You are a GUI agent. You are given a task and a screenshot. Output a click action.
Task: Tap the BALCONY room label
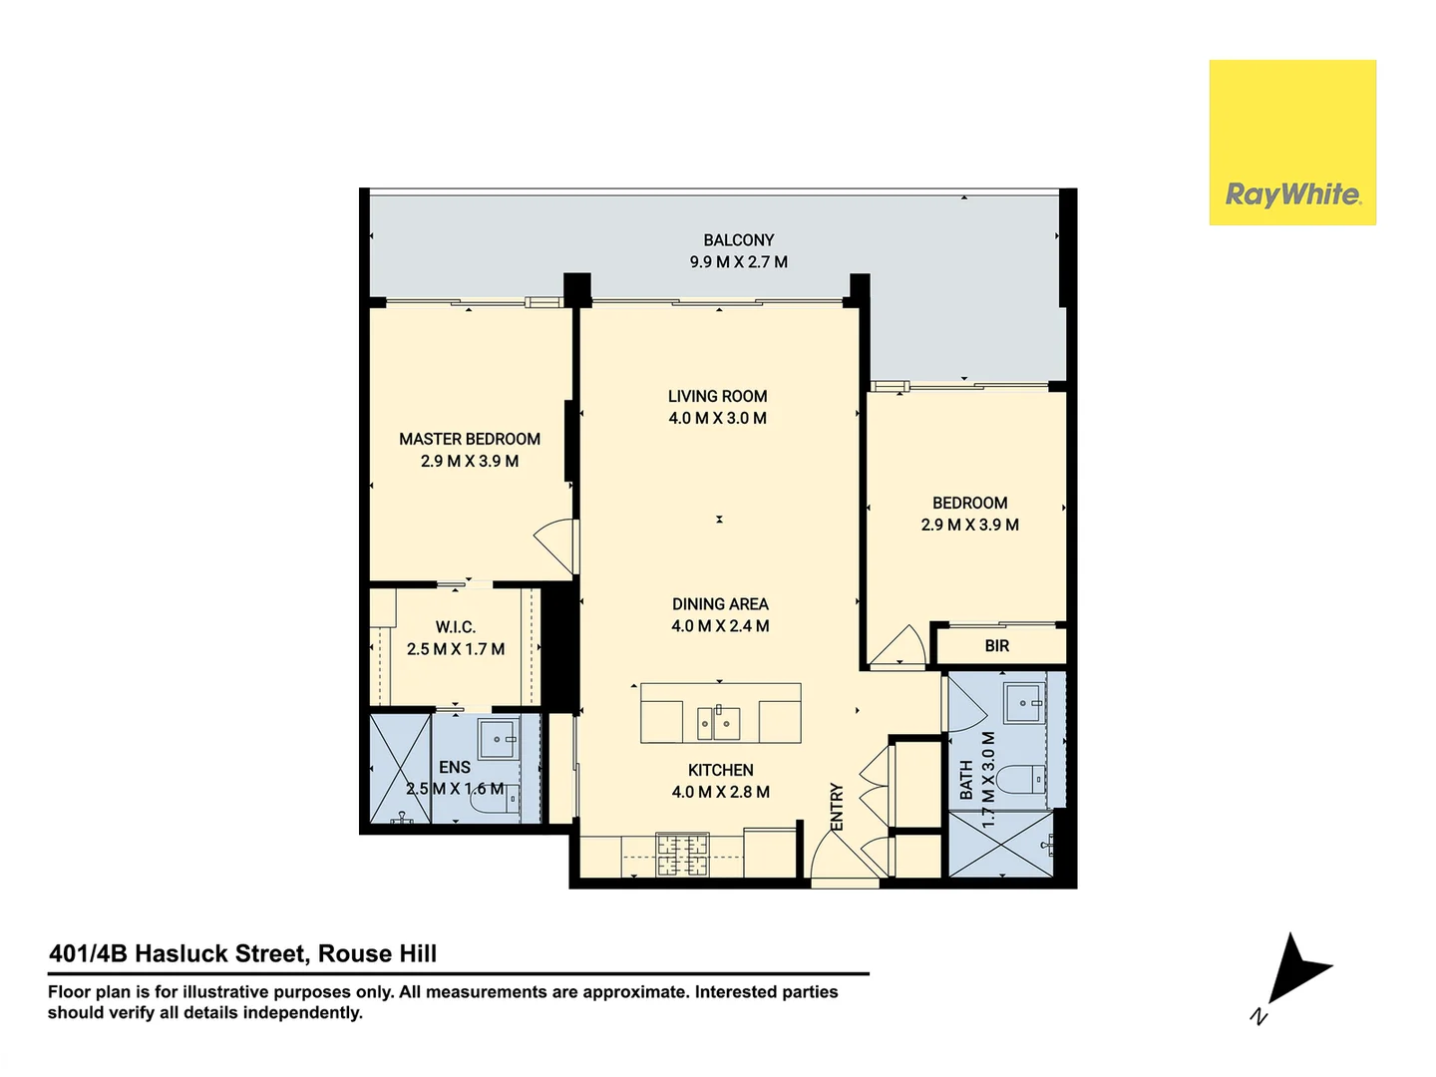(738, 240)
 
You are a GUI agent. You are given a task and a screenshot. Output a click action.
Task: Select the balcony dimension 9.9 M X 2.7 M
(738, 262)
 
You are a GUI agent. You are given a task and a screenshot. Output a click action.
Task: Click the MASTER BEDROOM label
(470, 439)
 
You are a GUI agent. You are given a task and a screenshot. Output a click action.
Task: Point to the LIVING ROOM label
(717, 396)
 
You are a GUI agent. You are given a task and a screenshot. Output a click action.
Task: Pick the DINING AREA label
(720, 604)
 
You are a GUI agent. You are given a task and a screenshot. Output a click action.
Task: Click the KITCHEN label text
(720, 770)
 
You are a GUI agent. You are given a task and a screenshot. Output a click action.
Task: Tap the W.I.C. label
(455, 627)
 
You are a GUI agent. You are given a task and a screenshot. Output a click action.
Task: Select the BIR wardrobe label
(996, 646)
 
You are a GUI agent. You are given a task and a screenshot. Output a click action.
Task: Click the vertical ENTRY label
(837, 807)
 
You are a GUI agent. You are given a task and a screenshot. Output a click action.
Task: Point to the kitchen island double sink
(719, 720)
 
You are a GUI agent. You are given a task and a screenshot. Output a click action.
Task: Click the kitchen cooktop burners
(681, 855)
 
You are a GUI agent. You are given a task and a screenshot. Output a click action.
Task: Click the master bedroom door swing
(554, 545)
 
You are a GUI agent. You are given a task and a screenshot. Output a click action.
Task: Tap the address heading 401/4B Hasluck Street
(242, 953)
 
